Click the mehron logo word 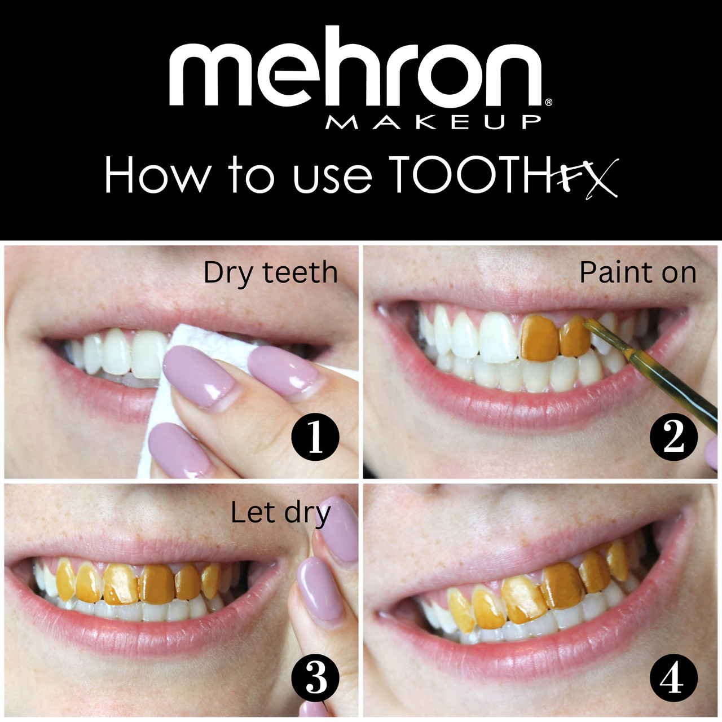pos(355,68)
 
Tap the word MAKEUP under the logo pos(433,122)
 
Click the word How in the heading pos(157,174)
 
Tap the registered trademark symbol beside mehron pos(548,102)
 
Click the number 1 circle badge pos(315,437)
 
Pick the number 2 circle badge pos(673,437)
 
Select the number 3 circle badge pos(315,678)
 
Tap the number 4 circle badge pos(673,678)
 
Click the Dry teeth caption pos(271,274)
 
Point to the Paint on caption pos(638,273)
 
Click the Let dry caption pos(281,514)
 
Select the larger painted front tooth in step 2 pos(540,337)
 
